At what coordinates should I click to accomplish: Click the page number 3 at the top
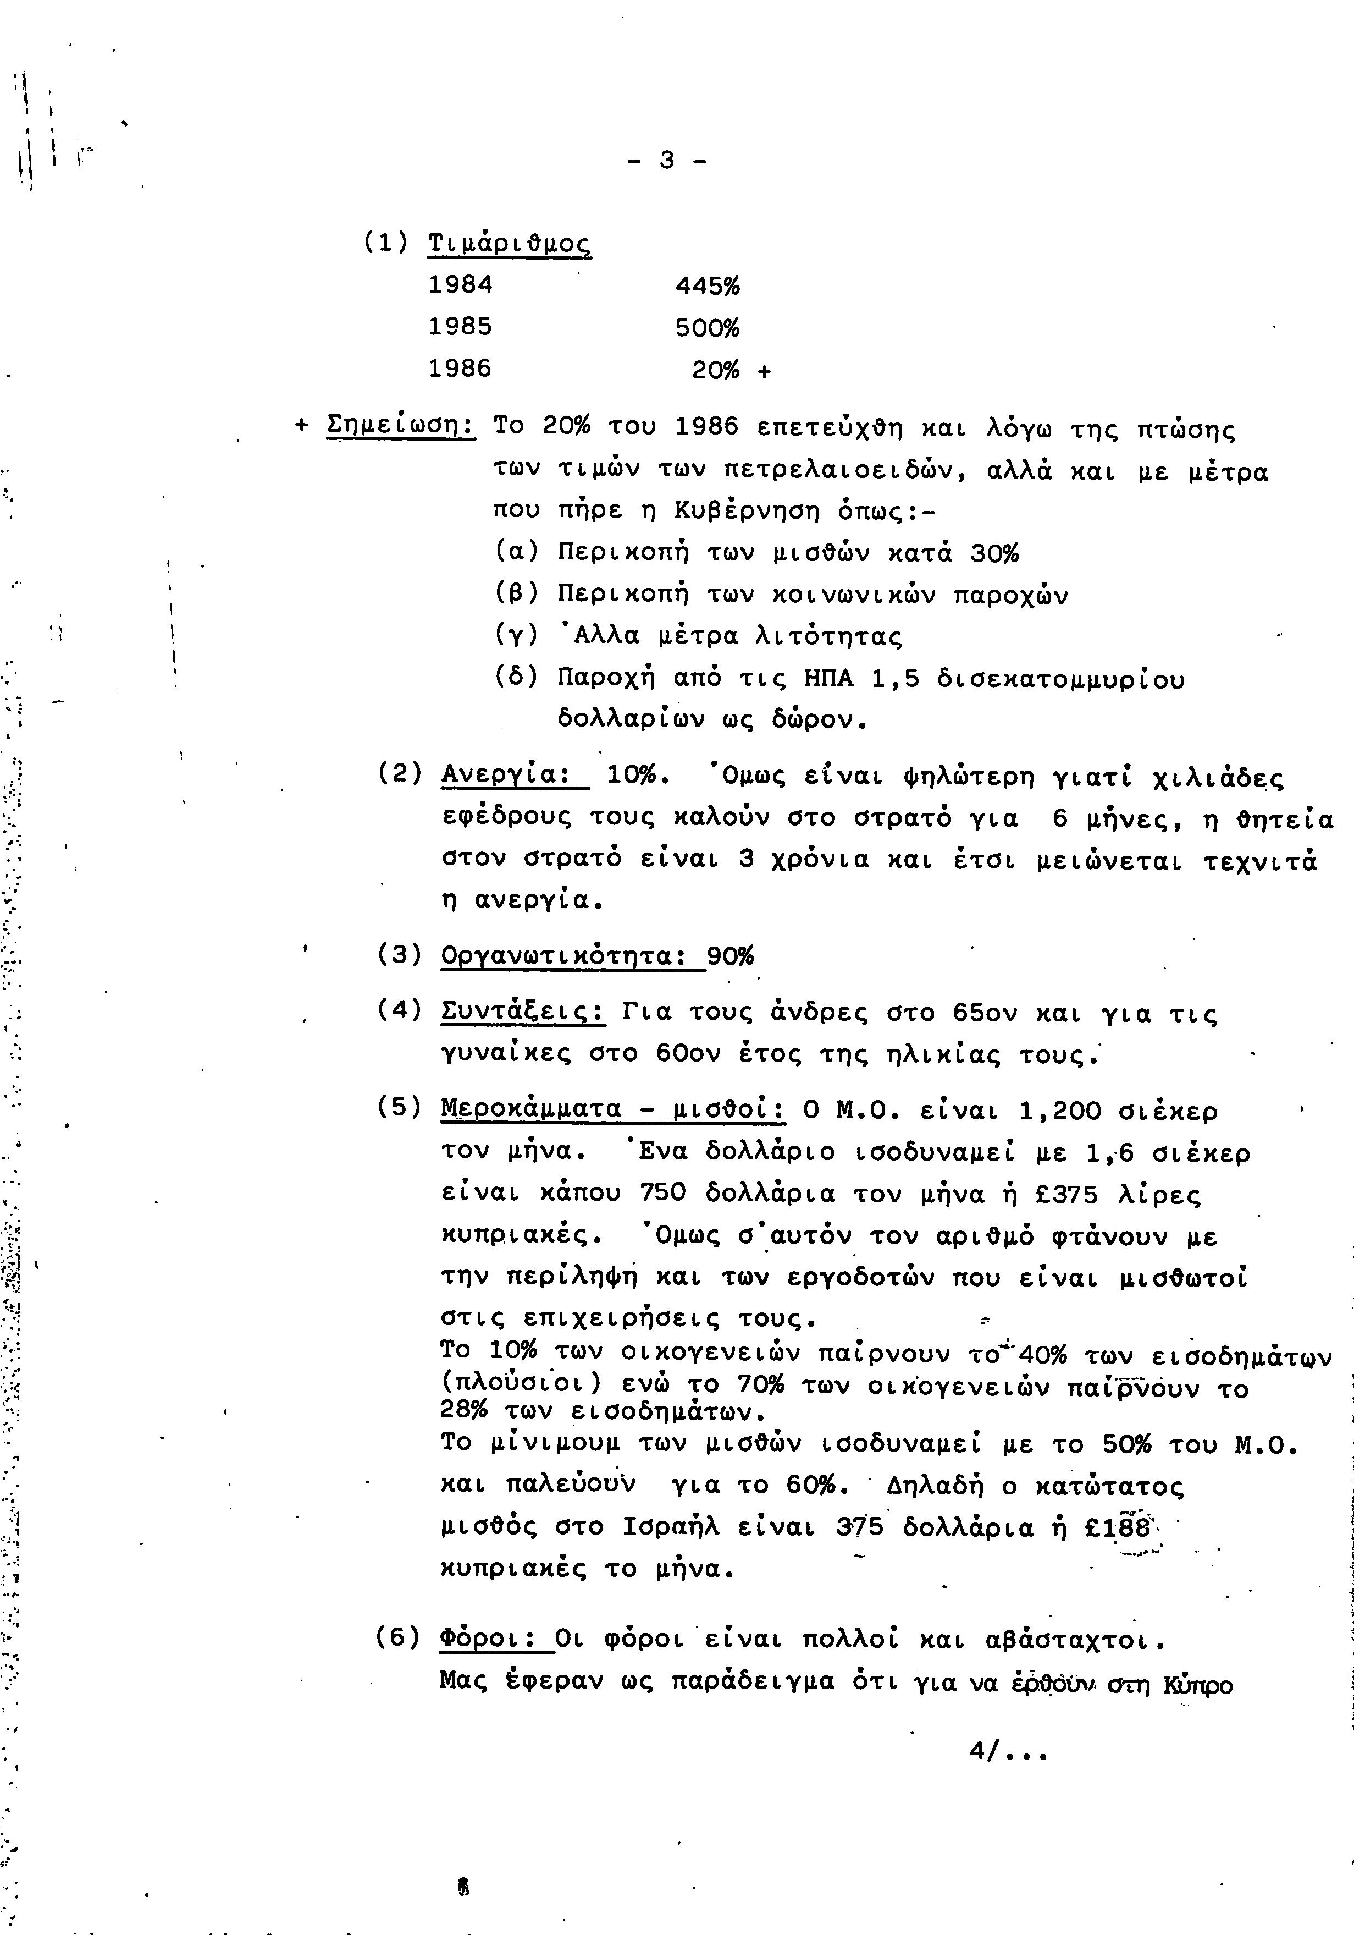(666, 160)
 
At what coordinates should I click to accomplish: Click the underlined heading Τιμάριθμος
(510, 244)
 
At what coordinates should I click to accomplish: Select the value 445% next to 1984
(708, 287)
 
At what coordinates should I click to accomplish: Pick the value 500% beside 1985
(708, 328)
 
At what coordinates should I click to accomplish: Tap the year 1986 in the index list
(460, 369)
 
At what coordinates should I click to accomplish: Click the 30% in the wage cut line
(994, 554)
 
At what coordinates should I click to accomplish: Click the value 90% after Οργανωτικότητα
(731, 956)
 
